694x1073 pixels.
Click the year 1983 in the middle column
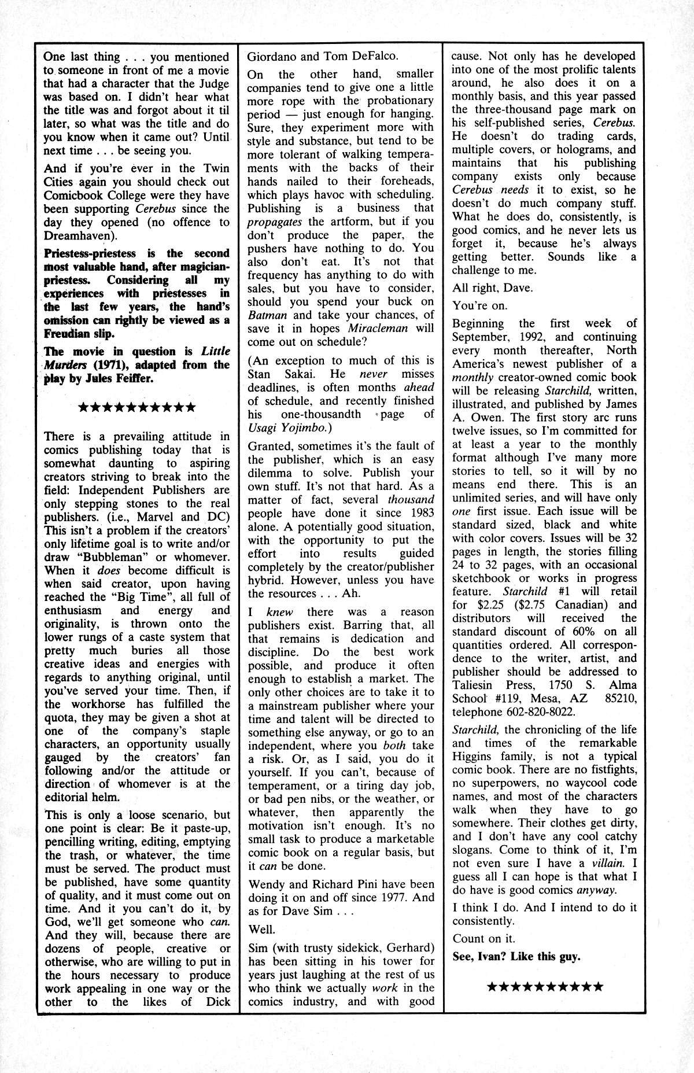click(x=420, y=513)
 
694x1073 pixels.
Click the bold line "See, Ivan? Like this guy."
click(x=516, y=957)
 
